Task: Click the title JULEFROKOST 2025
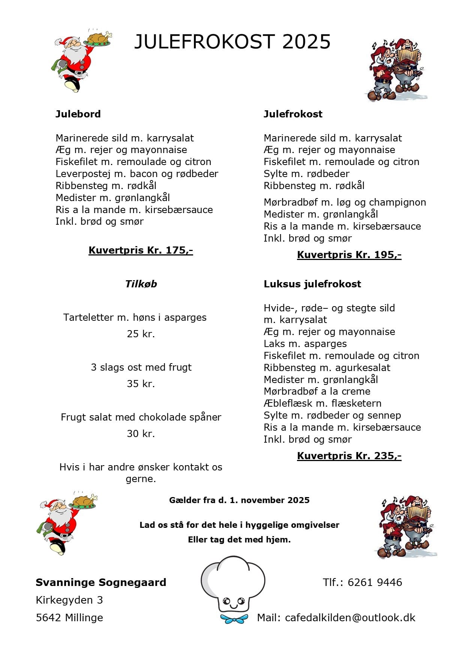tap(232, 42)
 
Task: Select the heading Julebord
tap(78, 114)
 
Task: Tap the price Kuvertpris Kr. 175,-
tap(141, 250)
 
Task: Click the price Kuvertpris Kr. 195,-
tap(349, 255)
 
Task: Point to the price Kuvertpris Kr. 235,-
tap(349, 456)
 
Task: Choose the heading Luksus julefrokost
tap(312, 284)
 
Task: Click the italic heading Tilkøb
tap(141, 284)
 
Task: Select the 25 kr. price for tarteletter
tap(141, 334)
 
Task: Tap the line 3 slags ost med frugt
tap(141, 367)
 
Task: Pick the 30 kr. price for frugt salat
tap(141, 434)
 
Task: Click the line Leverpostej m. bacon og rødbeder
tap(137, 174)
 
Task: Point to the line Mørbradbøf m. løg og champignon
tap(345, 202)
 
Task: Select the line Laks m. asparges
tap(305, 344)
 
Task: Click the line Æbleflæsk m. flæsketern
tap(322, 403)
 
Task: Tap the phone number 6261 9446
tap(375, 582)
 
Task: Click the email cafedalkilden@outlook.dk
tap(350, 617)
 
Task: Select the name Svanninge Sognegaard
tap(101, 582)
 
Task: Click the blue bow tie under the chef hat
tap(234, 618)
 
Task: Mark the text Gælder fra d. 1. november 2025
tap(239, 500)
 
